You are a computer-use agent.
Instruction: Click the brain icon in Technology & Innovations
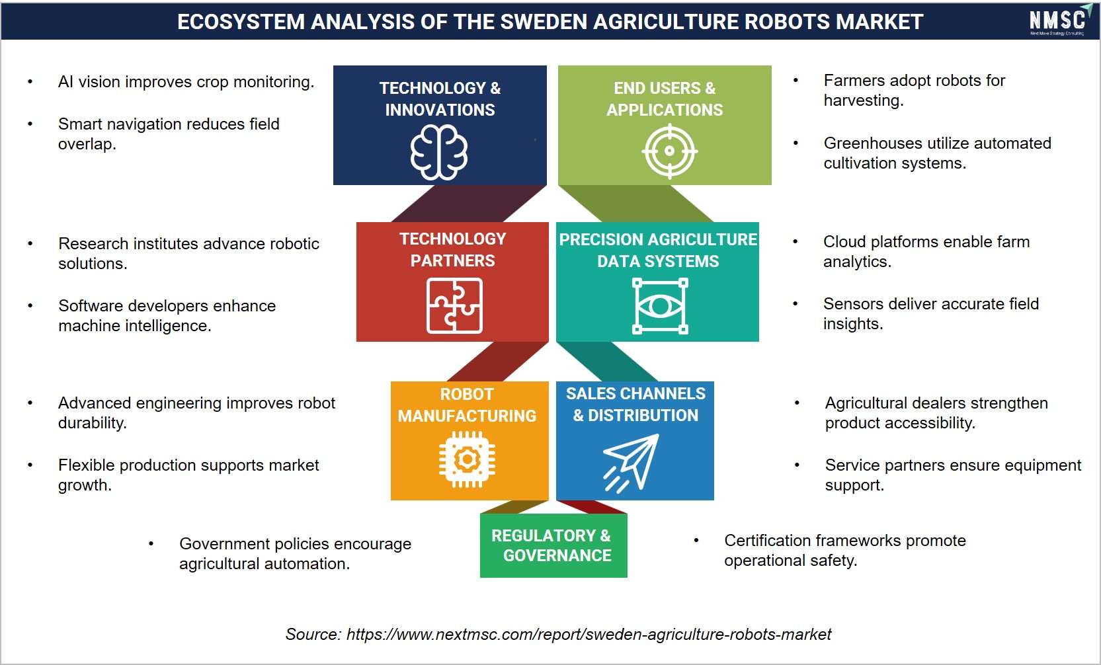tap(439, 152)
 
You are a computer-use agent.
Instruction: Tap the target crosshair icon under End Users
tap(669, 151)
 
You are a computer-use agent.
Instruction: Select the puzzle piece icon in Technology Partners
tap(455, 305)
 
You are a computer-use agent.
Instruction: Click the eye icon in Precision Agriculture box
tap(660, 306)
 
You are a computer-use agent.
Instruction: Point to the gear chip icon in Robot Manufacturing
tap(467, 459)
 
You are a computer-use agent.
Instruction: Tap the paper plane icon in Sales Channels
tap(631, 463)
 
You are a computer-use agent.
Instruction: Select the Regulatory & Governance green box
tap(553, 545)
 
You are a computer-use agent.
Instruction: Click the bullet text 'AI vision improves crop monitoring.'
tap(186, 81)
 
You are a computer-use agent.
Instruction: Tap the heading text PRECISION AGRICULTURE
tap(658, 239)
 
